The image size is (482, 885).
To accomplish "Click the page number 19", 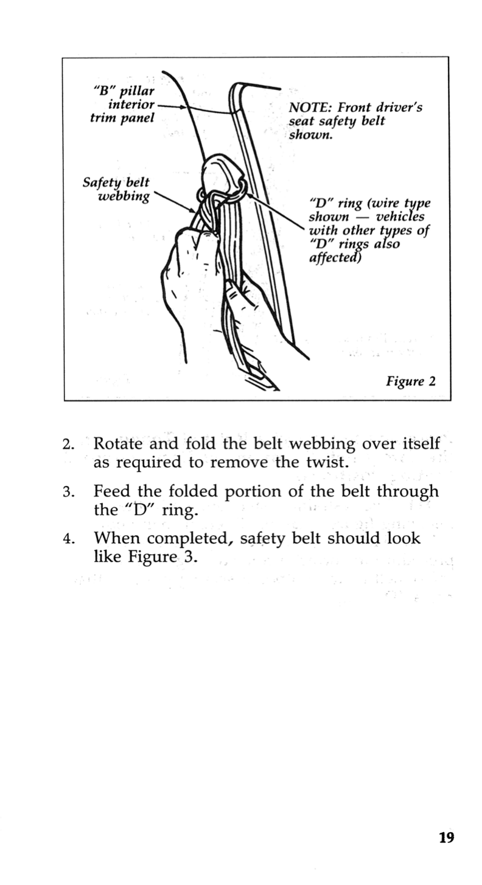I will point(446,838).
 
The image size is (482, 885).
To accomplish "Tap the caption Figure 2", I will point(411,382).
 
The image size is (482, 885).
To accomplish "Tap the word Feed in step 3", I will point(111,491).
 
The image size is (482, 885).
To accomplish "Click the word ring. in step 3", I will point(181,510).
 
